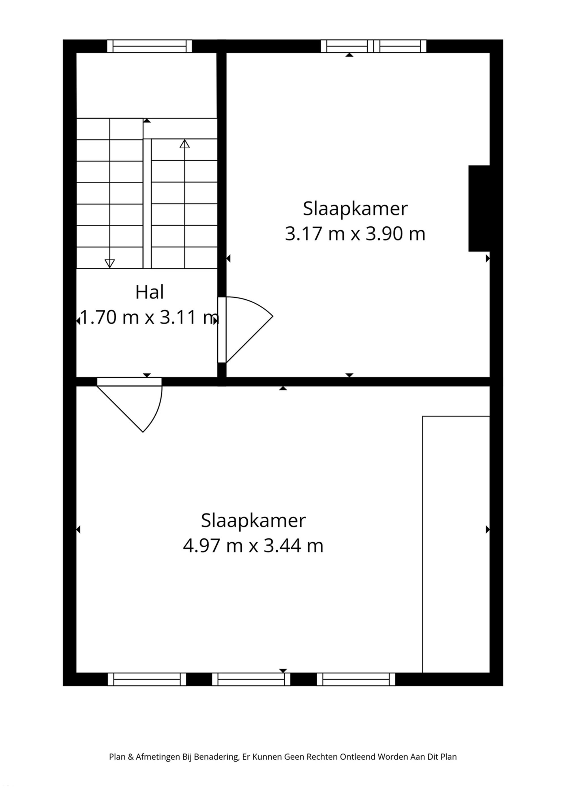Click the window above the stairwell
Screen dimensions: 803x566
[149, 46]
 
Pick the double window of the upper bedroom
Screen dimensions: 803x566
[373, 46]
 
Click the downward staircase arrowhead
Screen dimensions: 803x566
[110, 263]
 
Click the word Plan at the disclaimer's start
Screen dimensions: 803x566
[117, 766]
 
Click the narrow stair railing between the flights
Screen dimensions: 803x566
[147, 203]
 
